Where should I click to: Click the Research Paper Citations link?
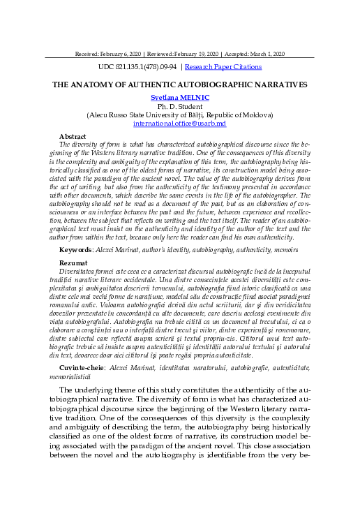point(223,67)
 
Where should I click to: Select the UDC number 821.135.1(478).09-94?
point(138,67)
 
